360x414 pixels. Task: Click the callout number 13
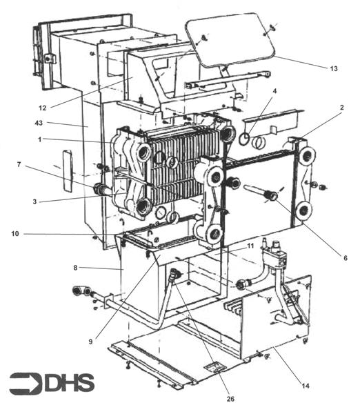[334, 68]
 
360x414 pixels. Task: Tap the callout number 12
[43, 108]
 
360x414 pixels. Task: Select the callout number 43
[39, 123]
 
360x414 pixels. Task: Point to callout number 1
[39, 139]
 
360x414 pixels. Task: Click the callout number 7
[19, 164]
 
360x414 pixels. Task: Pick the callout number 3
[34, 201]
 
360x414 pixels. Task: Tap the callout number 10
[15, 234]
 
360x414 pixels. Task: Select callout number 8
[75, 268]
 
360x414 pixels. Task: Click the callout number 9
[90, 342]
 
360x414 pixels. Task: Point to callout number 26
[230, 399]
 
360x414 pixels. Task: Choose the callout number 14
[306, 386]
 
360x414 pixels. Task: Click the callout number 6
[346, 257]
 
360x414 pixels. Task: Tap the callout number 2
[342, 107]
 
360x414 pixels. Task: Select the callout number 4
[274, 91]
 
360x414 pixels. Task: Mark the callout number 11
[250, 246]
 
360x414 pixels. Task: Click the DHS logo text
[69, 382]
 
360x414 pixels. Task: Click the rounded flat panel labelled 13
[230, 39]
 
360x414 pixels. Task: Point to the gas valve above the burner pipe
[274, 255]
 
